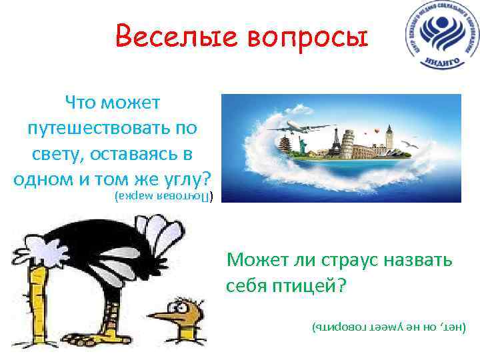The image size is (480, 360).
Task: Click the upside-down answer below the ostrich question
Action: (389, 328)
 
